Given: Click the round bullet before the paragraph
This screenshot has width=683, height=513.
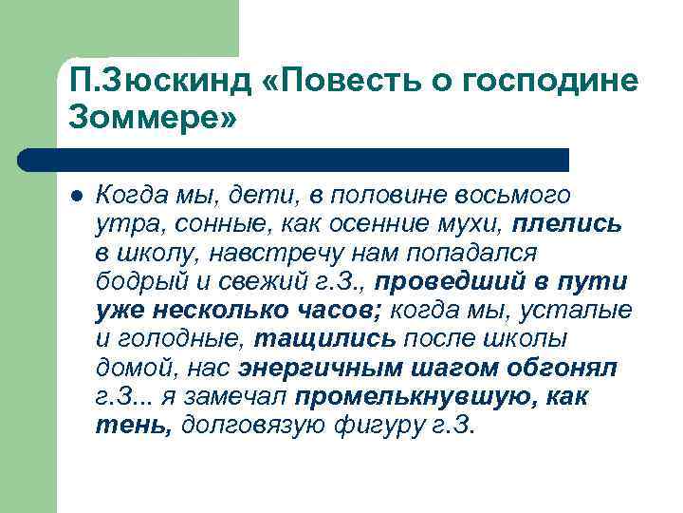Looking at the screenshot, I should coord(77,196).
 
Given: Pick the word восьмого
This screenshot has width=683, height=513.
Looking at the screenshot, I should coord(515,197).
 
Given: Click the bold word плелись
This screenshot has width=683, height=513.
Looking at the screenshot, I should coord(567,225).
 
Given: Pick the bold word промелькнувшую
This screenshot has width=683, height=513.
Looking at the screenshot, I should coord(424,396).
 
